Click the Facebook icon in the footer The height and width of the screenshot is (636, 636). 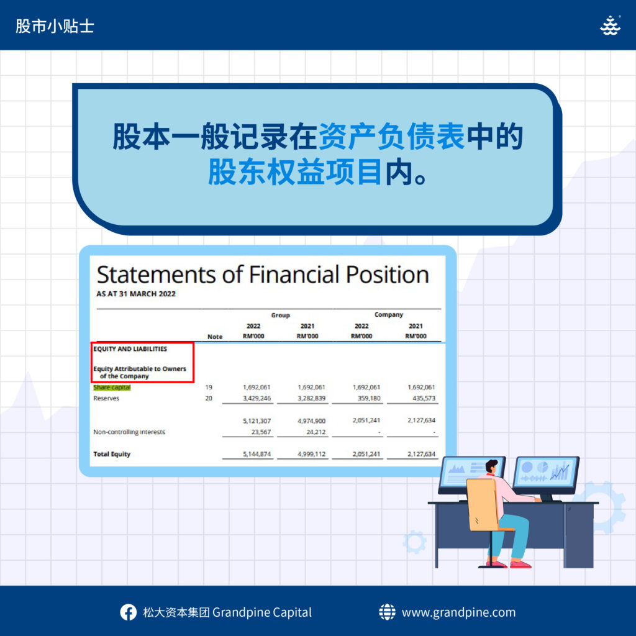[x=128, y=612]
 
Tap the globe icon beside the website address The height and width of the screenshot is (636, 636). [x=387, y=612]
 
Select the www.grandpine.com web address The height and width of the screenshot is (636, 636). [x=459, y=612]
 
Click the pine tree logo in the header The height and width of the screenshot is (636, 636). [x=611, y=25]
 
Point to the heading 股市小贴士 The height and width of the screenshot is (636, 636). [x=55, y=26]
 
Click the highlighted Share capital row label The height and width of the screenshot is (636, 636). [x=112, y=388]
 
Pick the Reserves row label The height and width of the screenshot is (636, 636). [x=106, y=398]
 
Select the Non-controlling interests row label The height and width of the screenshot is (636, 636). [x=129, y=432]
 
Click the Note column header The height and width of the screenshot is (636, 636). [x=215, y=337]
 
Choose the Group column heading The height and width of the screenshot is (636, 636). [x=280, y=315]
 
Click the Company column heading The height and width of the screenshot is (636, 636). [x=389, y=315]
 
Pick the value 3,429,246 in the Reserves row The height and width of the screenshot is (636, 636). [x=257, y=398]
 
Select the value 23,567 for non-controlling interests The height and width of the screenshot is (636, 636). [x=261, y=432]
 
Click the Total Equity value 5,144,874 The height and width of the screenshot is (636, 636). [x=257, y=454]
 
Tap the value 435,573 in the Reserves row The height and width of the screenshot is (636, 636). [x=424, y=398]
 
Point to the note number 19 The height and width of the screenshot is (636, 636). [x=209, y=388]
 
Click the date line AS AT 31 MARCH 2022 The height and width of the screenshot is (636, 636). [x=136, y=294]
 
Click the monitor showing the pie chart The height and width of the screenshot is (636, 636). [x=546, y=475]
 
